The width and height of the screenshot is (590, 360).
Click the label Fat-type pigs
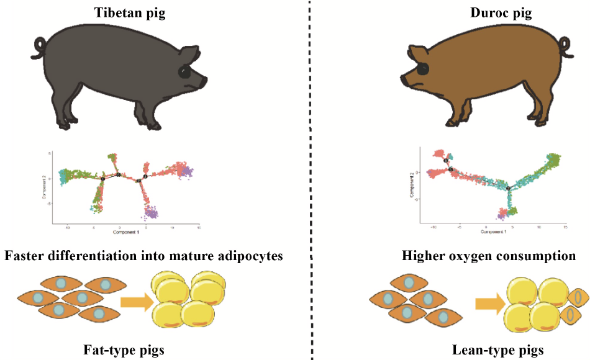(x=124, y=350)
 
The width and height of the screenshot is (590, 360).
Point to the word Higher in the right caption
(x=422, y=256)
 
